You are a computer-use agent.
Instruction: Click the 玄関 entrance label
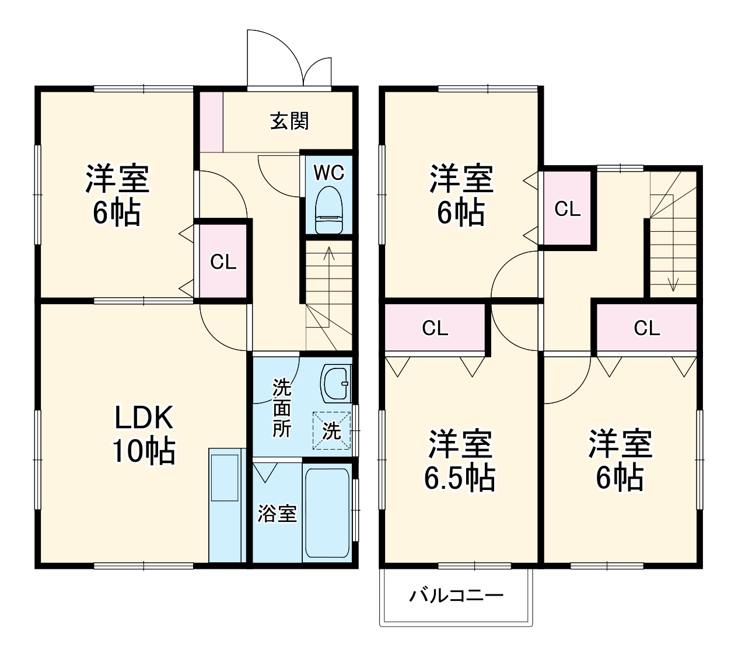(289, 121)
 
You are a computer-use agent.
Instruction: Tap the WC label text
(329, 173)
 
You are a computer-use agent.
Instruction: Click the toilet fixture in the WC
(329, 210)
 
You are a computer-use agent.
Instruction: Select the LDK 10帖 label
(143, 434)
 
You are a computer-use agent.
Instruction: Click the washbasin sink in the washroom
(335, 383)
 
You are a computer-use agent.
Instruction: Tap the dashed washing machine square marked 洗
(332, 431)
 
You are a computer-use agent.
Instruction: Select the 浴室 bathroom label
(277, 514)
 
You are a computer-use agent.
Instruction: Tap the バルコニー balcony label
(456, 596)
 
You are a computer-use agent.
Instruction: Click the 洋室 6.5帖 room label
(460, 461)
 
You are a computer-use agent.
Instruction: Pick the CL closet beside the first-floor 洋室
(223, 262)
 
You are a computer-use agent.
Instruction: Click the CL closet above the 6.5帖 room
(435, 329)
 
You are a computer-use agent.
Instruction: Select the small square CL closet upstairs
(567, 209)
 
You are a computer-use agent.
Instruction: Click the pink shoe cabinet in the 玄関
(211, 121)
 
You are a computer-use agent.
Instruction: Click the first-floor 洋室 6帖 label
(117, 196)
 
